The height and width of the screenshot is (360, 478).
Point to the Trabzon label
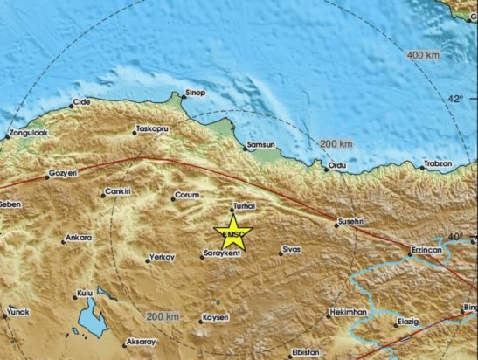438,163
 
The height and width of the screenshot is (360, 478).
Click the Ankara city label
80,237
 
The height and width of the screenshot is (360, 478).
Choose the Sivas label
291,251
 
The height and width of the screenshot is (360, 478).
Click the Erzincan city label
429,251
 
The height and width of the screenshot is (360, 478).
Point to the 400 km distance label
422,55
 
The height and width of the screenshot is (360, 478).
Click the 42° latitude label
457,99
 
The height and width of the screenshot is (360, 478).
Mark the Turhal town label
241,206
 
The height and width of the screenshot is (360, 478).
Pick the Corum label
188,195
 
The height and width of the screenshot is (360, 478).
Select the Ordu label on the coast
336,164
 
